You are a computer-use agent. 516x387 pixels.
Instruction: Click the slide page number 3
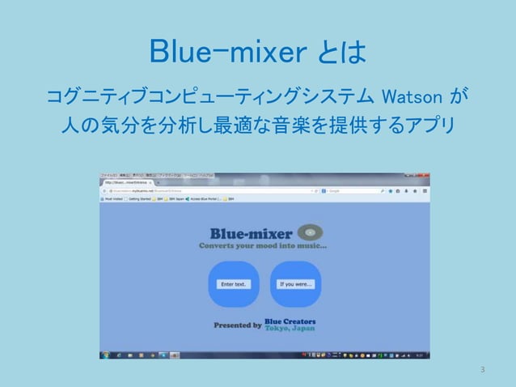point(482,370)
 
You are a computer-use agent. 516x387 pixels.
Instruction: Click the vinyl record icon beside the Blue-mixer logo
point(311,233)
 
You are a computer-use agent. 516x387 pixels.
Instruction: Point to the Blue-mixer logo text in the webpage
point(252,234)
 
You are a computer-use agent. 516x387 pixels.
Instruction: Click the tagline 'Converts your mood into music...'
point(264,246)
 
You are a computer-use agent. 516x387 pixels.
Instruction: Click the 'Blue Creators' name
point(290,321)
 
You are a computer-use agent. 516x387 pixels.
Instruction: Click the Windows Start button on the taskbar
point(104,355)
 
